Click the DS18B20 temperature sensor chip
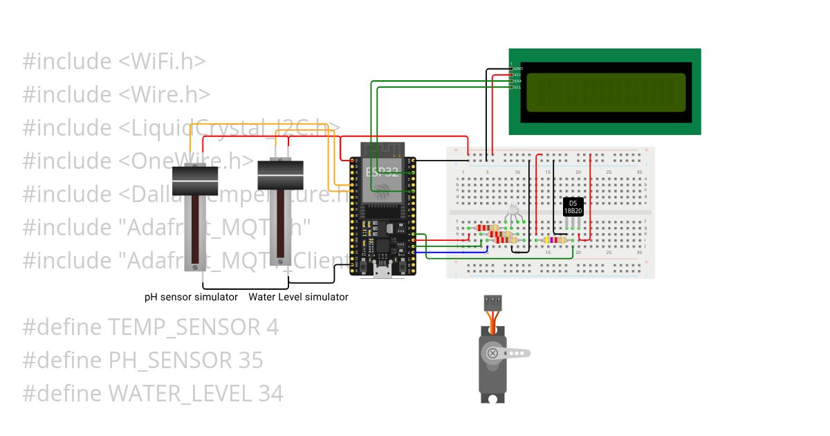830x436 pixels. (573, 206)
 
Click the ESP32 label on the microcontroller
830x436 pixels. (382, 172)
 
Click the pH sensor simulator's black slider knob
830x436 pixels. (195, 181)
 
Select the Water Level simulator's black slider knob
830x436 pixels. (281, 175)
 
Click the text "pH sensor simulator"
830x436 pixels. (191, 297)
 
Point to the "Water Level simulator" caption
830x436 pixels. (298, 297)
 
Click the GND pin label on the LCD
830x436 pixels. (518, 69)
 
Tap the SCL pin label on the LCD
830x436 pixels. (517, 87)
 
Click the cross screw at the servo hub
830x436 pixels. (492, 354)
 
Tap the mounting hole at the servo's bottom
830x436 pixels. (492, 399)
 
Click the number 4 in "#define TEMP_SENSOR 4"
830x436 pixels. (273, 327)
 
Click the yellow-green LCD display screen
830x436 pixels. (605, 93)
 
